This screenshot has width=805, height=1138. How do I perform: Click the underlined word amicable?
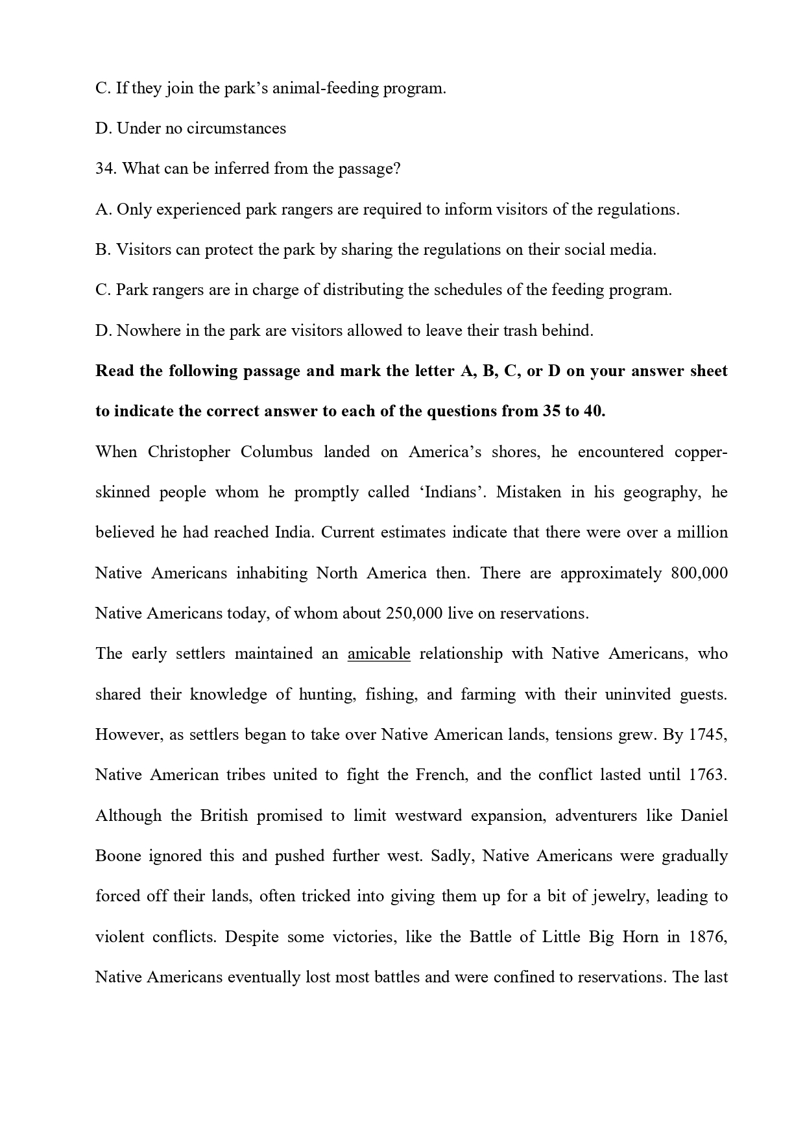pos(379,654)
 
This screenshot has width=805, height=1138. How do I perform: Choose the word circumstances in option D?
pos(236,128)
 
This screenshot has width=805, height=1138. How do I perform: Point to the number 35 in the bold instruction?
pos(552,411)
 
